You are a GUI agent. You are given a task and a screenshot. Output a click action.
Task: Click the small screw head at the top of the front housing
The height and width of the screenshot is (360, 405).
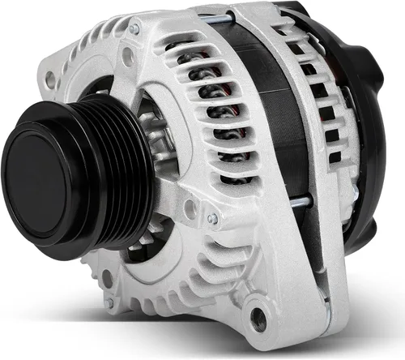pos(134,30)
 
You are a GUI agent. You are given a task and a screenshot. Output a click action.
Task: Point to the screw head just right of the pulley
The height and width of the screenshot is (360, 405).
pos(212,218)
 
